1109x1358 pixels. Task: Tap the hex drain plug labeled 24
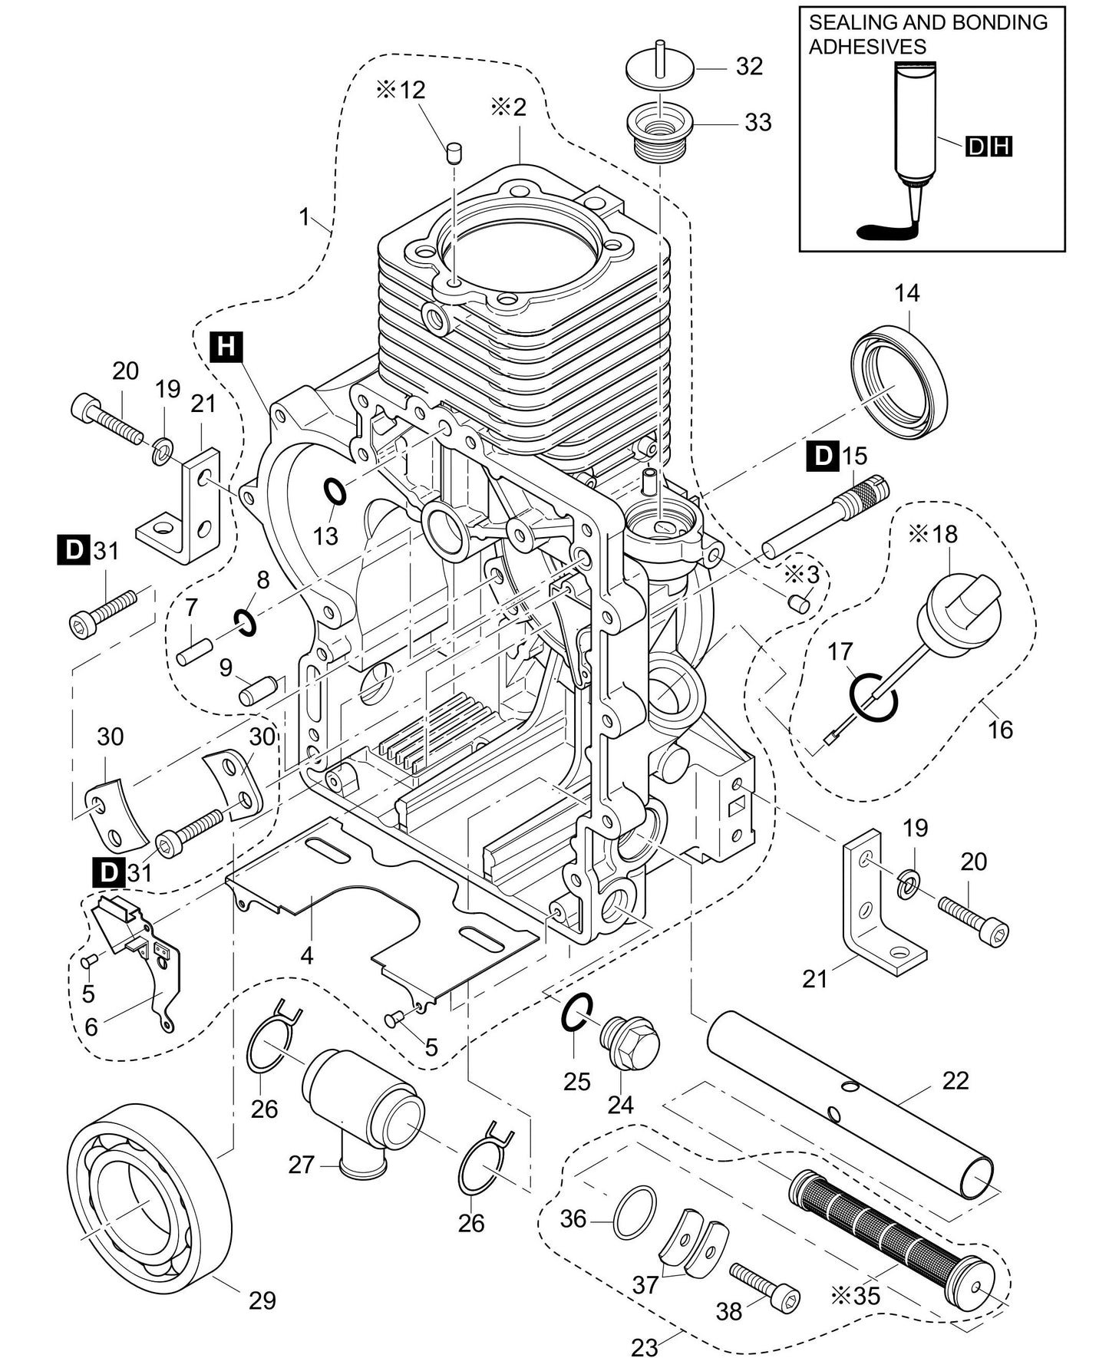(631, 1040)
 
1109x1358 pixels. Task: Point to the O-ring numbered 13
(334, 492)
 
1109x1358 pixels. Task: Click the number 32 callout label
(749, 67)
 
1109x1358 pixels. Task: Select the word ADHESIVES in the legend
(867, 46)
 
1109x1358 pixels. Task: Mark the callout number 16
(1000, 728)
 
